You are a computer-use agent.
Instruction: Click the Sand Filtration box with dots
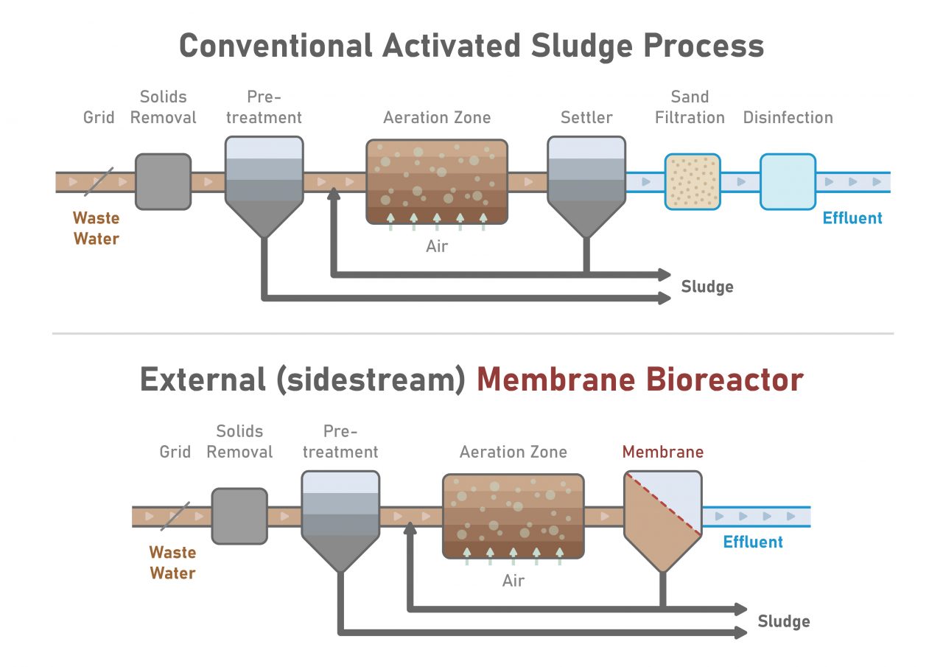pyautogui.click(x=692, y=181)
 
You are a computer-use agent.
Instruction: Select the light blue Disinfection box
pyautogui.click(x=788, y=181)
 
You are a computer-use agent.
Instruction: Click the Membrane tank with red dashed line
pyautogui.click(x=662, y=516)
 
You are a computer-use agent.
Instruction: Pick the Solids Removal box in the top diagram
pyautogui.click(x=163, y=181)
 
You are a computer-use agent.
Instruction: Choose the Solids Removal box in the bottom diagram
pyautogui.click(x=239, y=516)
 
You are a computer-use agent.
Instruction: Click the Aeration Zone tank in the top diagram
pyautogui.click(x=437, y=181)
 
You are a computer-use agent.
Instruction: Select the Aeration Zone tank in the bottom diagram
pyautogui.click(x=513, y=516)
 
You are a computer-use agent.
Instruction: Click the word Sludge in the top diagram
pyautogui.click(x=707, y=287)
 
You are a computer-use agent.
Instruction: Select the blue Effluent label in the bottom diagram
pyautogui.click(x=752, y=542)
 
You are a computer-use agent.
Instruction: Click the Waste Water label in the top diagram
pyautogui.click(x=96, y=228)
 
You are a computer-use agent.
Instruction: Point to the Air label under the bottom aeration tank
pyautogui.click(x=513, y=581)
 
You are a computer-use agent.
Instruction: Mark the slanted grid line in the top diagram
pyautogui.click(x=98, y=181)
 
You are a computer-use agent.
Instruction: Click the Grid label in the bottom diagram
pyautogui.click(x=175, y=452)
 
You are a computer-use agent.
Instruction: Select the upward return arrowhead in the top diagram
pyautogui.click(x=334, y=194)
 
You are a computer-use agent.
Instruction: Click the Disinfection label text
pyautogui.click(x=788, y=117)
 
